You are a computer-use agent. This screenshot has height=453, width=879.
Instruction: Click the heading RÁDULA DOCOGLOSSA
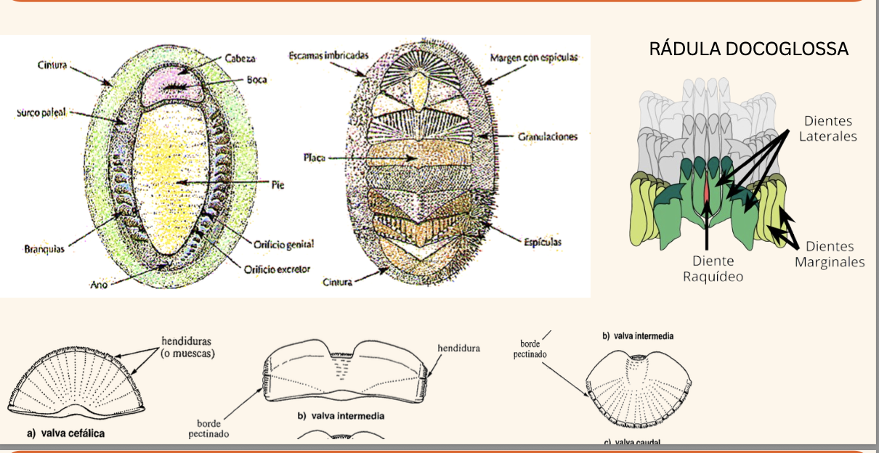[748, 49]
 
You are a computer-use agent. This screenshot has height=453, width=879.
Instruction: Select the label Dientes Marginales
[829, 254]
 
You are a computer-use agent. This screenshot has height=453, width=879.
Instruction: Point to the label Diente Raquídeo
[713, 268]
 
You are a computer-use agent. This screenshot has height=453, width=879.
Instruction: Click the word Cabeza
[240, 58]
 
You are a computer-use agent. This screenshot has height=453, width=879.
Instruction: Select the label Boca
[256, 80]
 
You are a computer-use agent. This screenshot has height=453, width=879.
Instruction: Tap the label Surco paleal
[41, 113]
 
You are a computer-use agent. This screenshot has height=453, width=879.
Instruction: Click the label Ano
[99, 285]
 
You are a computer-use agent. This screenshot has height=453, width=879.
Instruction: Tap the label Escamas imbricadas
[328, 55]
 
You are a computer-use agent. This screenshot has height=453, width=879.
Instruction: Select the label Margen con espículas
[534, 57]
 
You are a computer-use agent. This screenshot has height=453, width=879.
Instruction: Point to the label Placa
[315, 157]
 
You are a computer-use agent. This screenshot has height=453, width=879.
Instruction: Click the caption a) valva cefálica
[65, 433]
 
